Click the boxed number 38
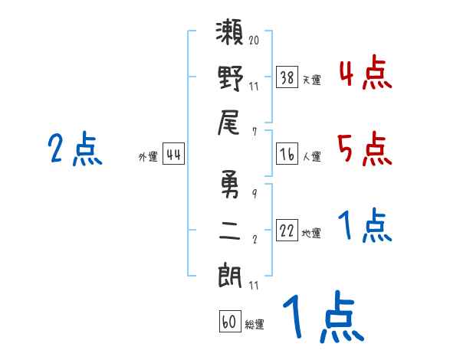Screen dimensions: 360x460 click(x=287, y=77)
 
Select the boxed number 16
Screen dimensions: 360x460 click(x=287, y=154)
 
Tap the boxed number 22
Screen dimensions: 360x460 click(x=287, y=231)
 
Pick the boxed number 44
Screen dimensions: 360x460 click(x=173, y=155)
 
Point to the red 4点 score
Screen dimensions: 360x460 click(x=365, y=74)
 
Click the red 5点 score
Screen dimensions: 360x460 click(x=365, y=149)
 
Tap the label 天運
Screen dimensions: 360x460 click(x=312, y=80)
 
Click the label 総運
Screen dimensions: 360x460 click(x=255, y=325)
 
